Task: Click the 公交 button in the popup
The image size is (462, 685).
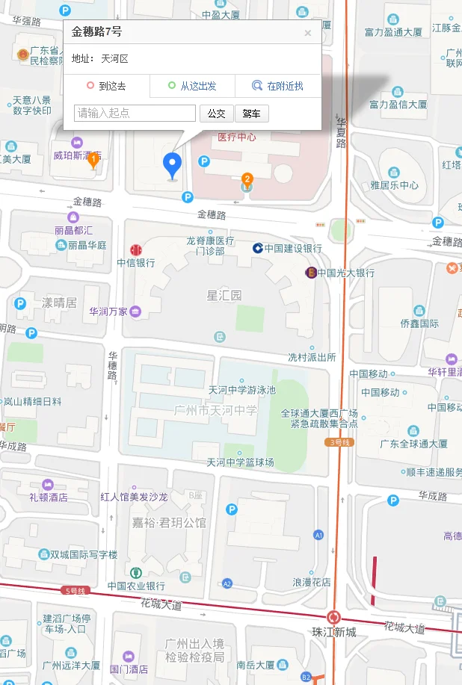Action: pyautogui.click(x=217, y=114)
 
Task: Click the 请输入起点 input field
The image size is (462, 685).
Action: pyautogui.click(x=135, y=114)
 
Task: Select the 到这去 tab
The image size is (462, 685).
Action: pyautogui.click(x=106, y=86)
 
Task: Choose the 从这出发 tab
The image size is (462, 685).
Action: pyautogui.click(x=192, y=86)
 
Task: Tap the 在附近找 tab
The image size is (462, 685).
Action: pyautogui.click(x=278, y=86)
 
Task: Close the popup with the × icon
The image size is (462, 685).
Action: pyautogui.click(x=307, y=33)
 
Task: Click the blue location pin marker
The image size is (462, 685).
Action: pyautogui.click(x=173, y=164)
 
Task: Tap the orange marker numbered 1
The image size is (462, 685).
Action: pyautogui.click(x=93, y=160)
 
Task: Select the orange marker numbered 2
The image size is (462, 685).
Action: pyautogui.click(x=247, y=179)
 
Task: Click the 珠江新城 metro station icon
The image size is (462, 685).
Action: pyautogui.click(x=333, y=618)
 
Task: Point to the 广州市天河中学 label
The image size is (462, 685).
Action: pyautogui.click(x=215, y=410)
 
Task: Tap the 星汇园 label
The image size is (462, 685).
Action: pyautogui.click(x=224, y=296)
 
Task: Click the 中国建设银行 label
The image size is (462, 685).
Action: pyautogui.click(x=292, y=249)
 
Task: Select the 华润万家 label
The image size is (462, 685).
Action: pyautogui.click(x=108, y=311)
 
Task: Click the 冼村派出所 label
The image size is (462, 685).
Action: pyautogui.click(x=312, y=357)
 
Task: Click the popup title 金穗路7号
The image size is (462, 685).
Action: pyautogui.click(x=96, y=31)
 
